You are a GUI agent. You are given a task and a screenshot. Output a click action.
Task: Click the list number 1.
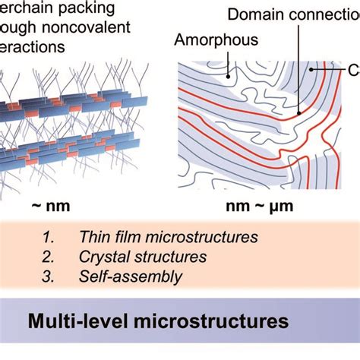[x=48, y=238]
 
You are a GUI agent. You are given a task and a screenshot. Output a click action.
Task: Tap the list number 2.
[x=48, y=257]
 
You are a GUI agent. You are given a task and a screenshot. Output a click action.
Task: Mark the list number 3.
[x=48, y=276]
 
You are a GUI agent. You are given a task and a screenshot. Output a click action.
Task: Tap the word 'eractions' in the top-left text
[x=33, y=47]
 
